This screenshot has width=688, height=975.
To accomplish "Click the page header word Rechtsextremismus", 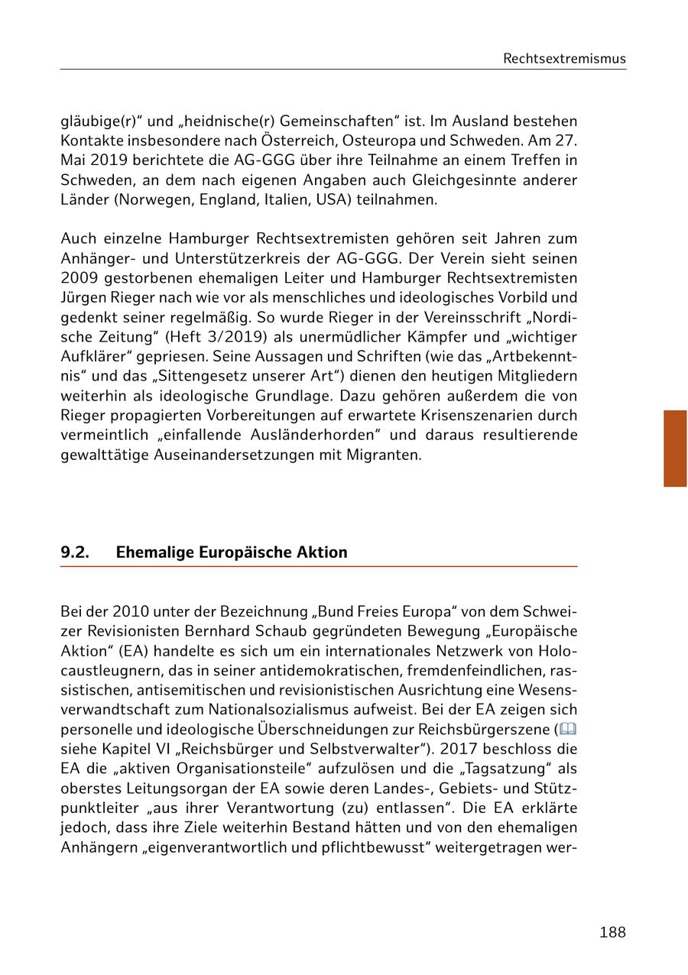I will (x=564, y=59).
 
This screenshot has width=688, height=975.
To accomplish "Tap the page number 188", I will (x=612, y=932).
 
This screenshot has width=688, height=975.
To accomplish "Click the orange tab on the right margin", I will (x=675, y=449).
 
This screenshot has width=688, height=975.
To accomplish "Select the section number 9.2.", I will (x=75, y=552).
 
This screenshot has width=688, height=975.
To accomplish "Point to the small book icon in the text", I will (x=567, y=729).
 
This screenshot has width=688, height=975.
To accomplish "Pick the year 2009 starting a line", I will (x=77, y=277).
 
